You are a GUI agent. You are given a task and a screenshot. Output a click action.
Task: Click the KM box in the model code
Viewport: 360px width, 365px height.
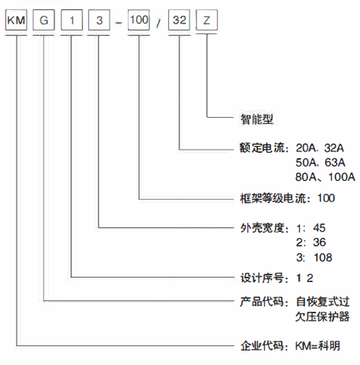click(16, 20)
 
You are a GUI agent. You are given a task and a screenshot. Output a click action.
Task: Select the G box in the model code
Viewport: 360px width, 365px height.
click(43, 20)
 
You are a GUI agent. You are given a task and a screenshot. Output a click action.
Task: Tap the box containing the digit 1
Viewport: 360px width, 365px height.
click(72, 20)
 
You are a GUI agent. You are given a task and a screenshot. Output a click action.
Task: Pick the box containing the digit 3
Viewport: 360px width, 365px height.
click(99, 20)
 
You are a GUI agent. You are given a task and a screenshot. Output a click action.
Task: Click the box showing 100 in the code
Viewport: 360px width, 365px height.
click(139, 20)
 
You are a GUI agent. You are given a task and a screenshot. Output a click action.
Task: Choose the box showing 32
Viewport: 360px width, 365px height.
click(179, 20)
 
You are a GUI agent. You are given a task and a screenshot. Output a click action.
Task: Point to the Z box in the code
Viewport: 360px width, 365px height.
click(207, 20)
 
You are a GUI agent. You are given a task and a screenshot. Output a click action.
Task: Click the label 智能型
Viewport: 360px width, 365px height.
click(256, 119)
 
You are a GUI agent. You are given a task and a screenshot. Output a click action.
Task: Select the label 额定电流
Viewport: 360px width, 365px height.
click(262, 148)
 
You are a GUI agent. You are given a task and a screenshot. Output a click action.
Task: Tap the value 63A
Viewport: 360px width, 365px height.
click(335, 163)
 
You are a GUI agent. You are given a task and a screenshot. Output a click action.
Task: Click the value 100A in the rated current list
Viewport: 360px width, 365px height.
click(342, 177)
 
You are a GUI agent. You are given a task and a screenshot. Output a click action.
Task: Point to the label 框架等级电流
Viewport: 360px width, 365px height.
click(273, 198)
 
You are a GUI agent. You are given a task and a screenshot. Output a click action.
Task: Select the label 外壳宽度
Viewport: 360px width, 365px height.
click(262, 228)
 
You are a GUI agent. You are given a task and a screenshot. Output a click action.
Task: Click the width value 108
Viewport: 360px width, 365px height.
click(323, 258)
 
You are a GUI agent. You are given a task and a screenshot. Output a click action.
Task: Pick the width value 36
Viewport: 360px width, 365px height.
click(320, 243)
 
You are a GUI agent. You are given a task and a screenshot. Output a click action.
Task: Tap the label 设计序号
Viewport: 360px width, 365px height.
click(262, 278)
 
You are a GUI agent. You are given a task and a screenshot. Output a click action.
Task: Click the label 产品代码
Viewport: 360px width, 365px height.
click(262, 302)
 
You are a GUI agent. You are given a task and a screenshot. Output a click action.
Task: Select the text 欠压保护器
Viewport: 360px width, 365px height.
click(322, 316)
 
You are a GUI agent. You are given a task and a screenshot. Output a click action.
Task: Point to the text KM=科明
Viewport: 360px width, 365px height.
click(317, 346)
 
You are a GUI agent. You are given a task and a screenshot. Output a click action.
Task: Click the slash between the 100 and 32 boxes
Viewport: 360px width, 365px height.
click(159, 24)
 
